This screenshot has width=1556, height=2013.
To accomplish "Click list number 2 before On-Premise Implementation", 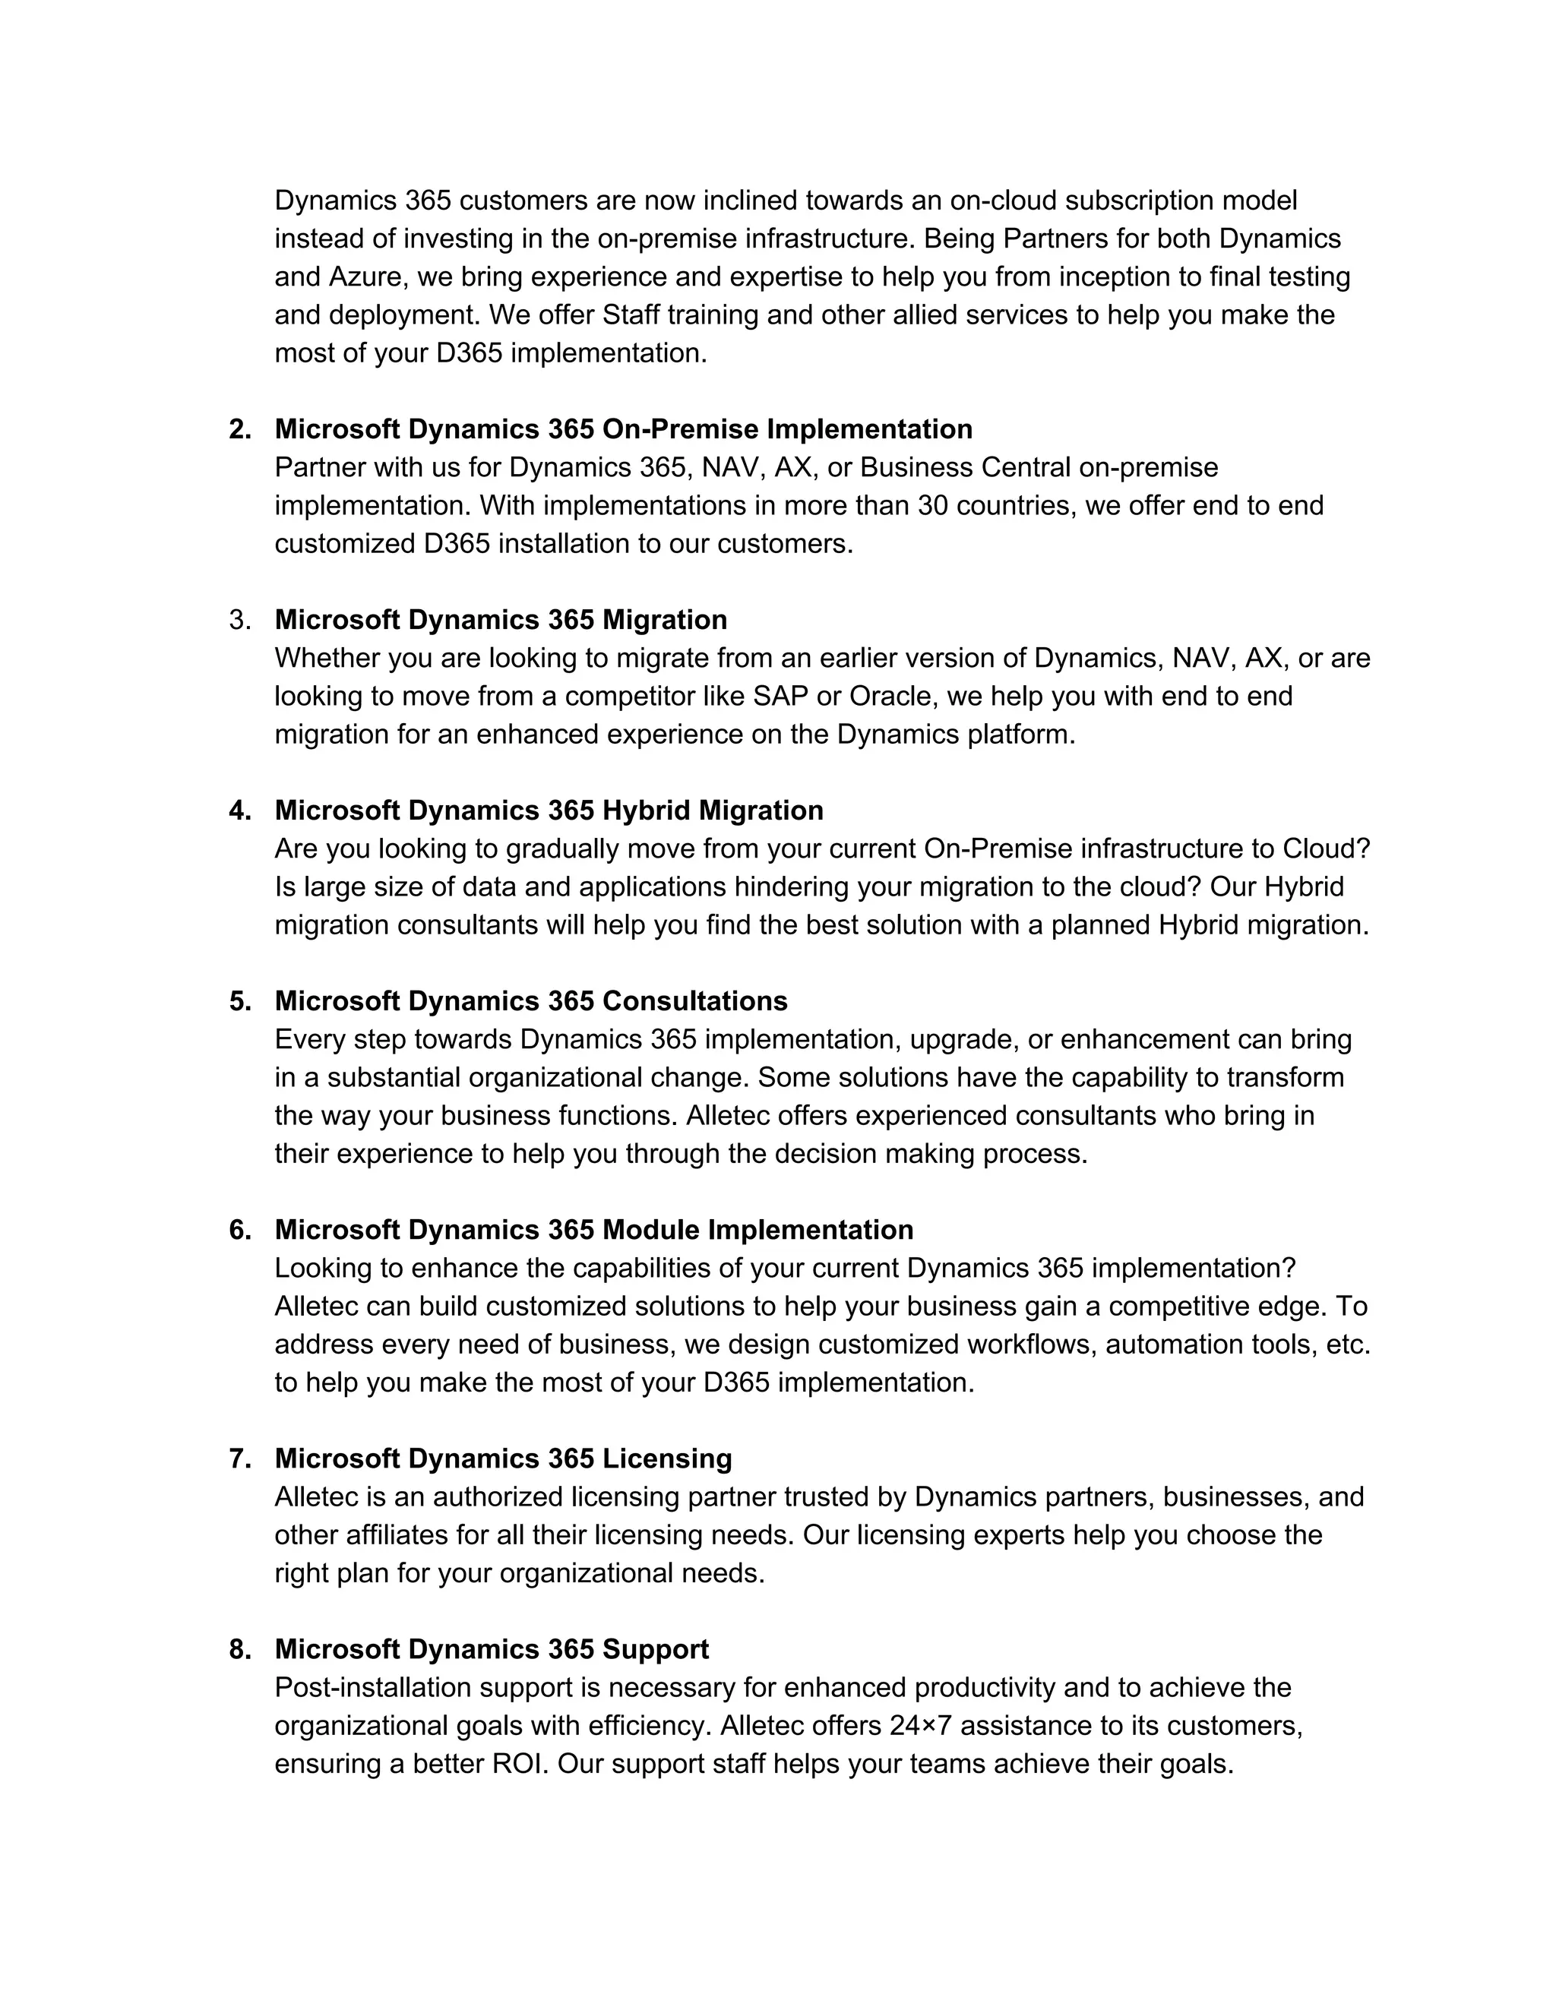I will (x=239, y=429).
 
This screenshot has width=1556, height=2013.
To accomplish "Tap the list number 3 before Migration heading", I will (x=239, y=621).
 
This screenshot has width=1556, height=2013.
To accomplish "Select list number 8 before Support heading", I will (x=239, y=1649).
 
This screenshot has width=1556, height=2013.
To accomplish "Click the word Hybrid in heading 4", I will (x=645, y=811).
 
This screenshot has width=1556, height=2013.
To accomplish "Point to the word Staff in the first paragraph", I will (x=631, y=315).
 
